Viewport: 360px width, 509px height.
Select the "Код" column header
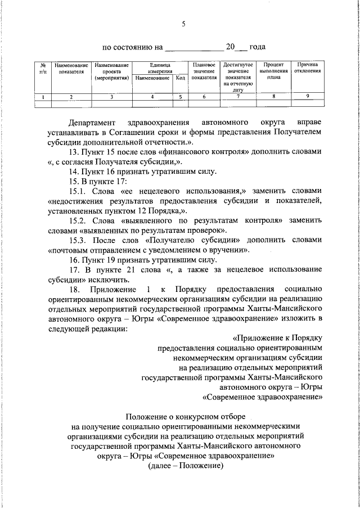coord(181,78)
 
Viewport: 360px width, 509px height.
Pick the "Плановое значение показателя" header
coord(204,71)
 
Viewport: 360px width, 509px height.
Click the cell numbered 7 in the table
coord(238,97)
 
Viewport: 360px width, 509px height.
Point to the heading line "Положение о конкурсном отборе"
coord(185,417)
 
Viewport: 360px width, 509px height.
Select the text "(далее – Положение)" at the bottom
coord(186,466)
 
